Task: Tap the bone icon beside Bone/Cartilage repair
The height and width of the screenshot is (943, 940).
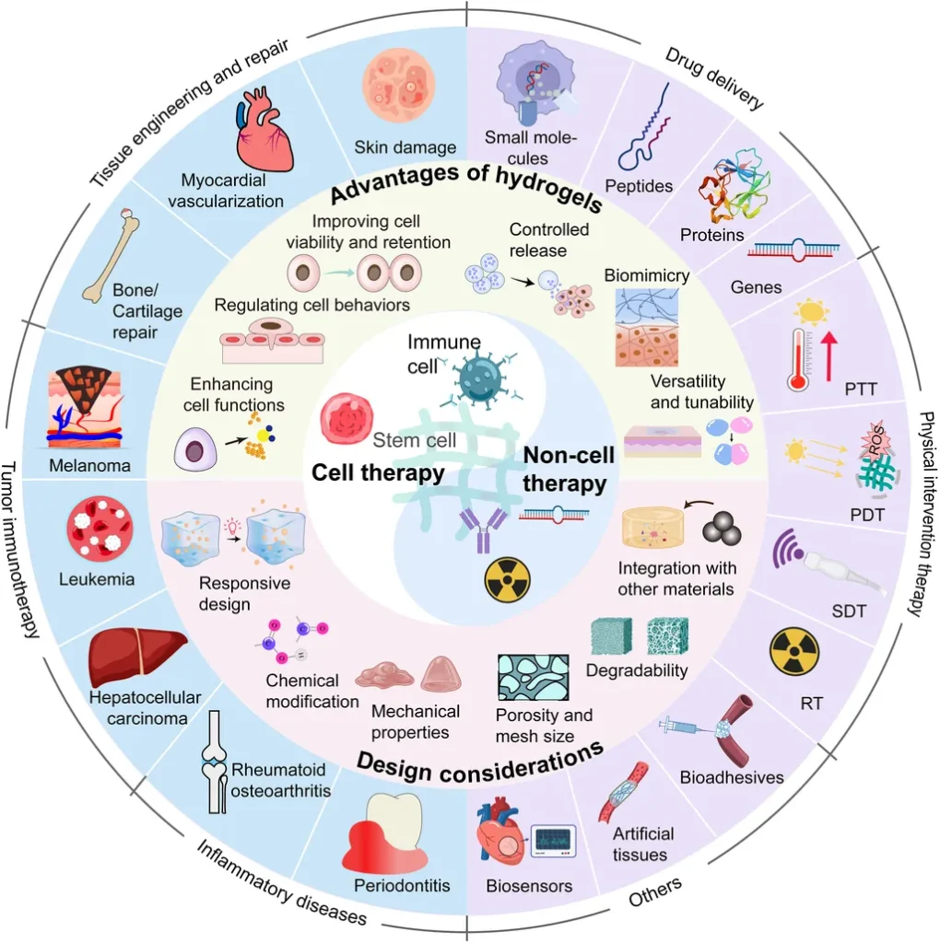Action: coord(112,255)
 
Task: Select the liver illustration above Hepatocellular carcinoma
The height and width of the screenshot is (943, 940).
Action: coord(136,657)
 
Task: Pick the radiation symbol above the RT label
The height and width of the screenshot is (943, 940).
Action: coord(794,652)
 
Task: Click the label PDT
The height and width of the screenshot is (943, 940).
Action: coord(867,515)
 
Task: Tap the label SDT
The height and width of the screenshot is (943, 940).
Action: coord(849,611)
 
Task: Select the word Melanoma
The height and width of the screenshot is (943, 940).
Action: coord(89,465)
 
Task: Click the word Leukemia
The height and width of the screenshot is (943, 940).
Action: coord(96,579)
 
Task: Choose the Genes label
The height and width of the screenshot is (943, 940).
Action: coord(756,287)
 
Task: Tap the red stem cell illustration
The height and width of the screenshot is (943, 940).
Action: coord(346,419)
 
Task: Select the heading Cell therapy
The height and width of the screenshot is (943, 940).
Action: coord(378,472)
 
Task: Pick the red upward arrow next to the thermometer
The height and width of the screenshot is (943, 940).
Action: coord(828,356)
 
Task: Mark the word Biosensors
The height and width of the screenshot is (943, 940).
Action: coord(529,885)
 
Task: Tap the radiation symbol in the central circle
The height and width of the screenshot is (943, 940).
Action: coord(507,580)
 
